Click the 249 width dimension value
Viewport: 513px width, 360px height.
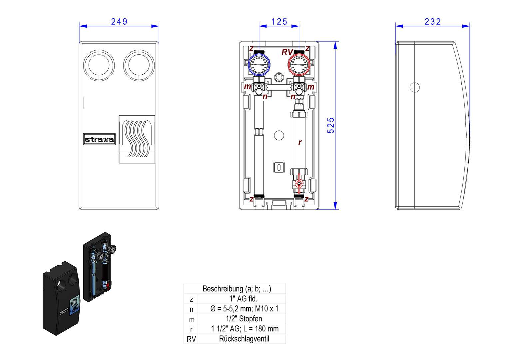119,22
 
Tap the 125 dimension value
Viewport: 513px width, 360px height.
279,22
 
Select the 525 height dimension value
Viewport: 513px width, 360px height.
330,125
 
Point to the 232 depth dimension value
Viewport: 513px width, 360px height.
433,22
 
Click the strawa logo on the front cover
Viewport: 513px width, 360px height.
99,139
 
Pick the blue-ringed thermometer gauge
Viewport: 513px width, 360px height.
259,65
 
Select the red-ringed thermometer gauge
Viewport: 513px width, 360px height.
299,65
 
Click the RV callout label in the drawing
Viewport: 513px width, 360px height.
287,52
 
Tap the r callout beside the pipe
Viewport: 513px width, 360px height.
300,142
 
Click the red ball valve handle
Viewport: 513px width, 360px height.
299,183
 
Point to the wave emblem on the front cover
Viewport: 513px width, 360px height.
137,139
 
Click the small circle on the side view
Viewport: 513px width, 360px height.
414,87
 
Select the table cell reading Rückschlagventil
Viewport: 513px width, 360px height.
244,339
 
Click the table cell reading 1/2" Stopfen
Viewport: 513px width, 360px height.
244,319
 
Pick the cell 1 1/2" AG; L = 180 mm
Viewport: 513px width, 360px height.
245,329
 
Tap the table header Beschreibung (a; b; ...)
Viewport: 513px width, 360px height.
237,289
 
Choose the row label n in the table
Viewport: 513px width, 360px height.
191,309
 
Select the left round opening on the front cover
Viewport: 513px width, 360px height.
99,65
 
